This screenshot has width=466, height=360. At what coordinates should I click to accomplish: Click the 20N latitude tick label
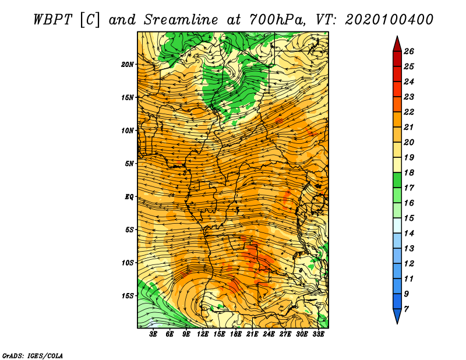pos(127,65)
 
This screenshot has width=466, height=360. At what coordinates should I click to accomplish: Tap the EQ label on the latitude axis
pos(129,197)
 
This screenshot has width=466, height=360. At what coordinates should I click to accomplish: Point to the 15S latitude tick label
pos(127,296)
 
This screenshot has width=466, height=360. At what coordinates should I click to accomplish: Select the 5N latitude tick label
pos(129,164)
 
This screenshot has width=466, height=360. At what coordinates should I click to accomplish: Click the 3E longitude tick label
pos(153,334)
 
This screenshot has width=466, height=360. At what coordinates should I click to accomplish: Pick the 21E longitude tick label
pos(252,334)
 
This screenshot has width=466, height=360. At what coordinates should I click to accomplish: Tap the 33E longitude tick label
pos(318,334)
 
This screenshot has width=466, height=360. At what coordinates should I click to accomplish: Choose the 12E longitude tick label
pos(203,334)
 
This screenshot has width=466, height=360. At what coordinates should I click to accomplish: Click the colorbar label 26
pos(409,51)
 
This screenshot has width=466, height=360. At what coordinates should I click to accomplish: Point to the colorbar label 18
pos(409,172)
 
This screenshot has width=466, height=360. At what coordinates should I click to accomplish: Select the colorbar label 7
pos(406,309)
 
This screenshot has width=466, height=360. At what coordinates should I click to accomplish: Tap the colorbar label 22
pos(409,112)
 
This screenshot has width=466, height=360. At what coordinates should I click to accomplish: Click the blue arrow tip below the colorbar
pos(397,323)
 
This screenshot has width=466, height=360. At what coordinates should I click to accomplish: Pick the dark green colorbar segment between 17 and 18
pos(397,180)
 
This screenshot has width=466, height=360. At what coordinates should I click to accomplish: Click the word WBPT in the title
pos(52,20)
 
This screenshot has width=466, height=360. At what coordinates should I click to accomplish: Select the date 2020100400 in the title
pos(389,20)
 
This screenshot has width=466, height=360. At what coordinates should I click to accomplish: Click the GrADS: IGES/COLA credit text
pos(33,356)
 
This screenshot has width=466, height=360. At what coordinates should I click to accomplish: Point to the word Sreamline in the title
pos(181,20)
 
